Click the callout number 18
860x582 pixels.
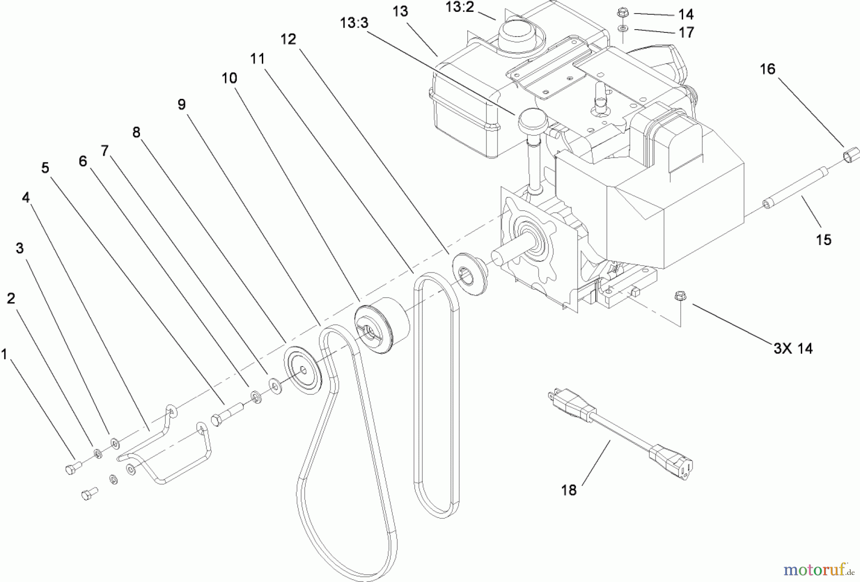tap(569, 490)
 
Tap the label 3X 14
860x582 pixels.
tap(793, 348)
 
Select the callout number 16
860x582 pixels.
tap(767, 69)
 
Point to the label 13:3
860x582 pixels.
tap(354, 22)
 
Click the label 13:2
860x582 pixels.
tap(459, 7)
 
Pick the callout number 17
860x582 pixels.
tap(686, 32)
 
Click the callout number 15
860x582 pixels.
tap(823, 239)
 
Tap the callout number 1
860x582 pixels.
tap(4, 355)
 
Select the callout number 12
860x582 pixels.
tap(288, 39)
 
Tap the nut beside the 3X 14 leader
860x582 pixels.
tap(679, 297)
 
